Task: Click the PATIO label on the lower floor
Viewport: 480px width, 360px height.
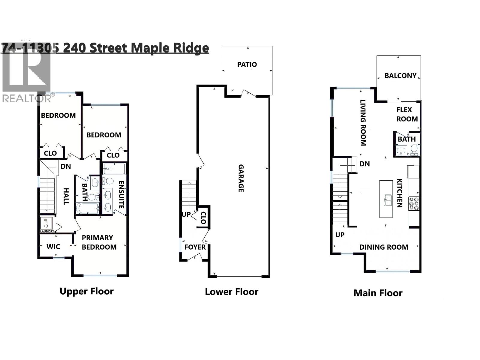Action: [x=247, y=64]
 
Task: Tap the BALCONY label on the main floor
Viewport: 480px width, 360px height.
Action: [x=400, y=76]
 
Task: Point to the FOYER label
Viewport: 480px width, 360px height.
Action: [x=195, y=247]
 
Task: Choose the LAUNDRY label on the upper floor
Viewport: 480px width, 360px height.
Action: [x=47, y=231]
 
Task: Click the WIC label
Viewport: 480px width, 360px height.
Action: [x=53, y=247]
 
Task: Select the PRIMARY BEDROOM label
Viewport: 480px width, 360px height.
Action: [x=99, y=242]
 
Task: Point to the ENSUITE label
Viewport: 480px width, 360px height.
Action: [x=121, y=195]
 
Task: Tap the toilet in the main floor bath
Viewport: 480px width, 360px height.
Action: [x=414, y=149]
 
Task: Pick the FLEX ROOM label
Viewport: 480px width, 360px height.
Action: [x=406, y=114]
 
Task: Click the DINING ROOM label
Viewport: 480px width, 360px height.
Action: [x=384, y=247]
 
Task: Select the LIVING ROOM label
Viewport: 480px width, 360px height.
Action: [x=363, y=123]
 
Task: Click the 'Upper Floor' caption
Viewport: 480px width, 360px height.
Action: [x=87, y=291]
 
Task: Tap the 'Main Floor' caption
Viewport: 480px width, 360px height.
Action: [x=378, y=293]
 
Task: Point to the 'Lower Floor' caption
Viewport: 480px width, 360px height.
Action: [x=231, y=292]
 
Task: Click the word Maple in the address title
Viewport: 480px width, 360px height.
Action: [x=150, y=48]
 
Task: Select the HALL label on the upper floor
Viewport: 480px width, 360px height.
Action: [x=66, y=196]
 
